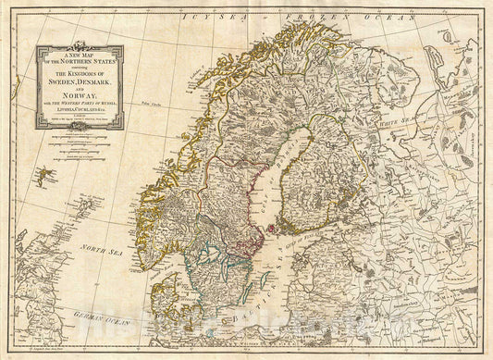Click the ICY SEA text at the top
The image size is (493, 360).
click(203, 18)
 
